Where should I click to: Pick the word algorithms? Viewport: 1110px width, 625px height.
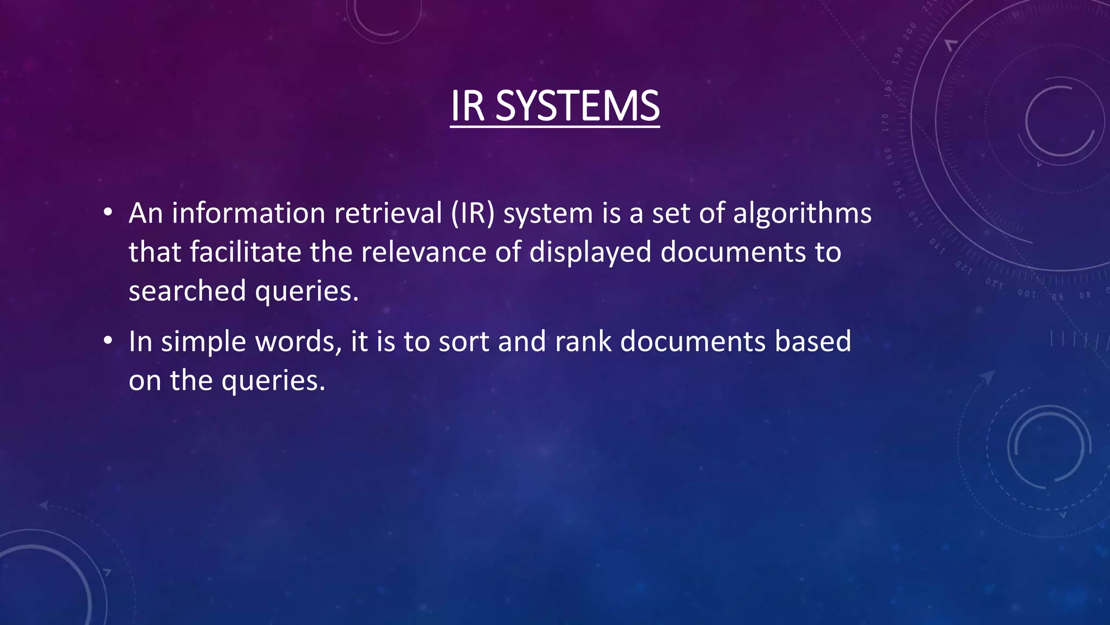tap(802, 213)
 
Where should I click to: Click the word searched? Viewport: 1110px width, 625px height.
tap(187, 291)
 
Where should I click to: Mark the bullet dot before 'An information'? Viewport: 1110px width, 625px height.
tap(108, 213)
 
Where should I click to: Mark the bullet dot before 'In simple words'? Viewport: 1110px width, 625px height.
tap(108, 341)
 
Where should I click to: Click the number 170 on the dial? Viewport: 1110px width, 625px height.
tap(885, 123)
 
